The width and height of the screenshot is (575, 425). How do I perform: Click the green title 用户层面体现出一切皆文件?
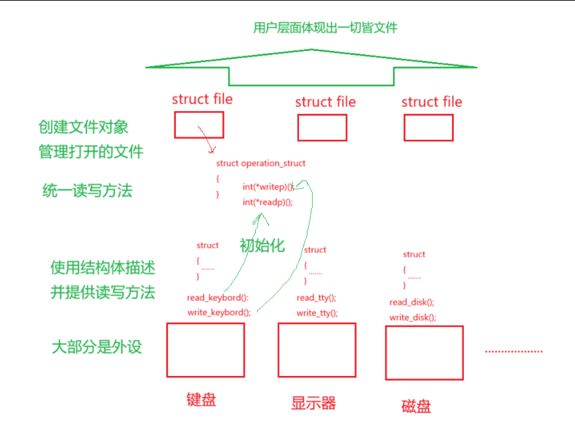tap(325, 27)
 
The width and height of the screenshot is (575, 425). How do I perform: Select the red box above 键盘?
tap(205, 350)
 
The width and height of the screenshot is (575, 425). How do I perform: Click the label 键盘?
tap(201, 399)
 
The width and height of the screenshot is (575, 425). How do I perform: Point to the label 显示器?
tap(313, 403)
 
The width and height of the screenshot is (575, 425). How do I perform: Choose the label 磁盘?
tap(416, 406)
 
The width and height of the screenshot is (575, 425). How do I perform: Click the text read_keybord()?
tap(218, 297)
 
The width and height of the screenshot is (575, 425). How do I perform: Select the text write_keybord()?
tap(219, 312)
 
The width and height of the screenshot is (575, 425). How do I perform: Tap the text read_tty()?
tap(317, 297)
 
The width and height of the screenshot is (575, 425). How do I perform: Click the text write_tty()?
tap(317, 313)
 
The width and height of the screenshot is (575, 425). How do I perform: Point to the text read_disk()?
tap(412, 302)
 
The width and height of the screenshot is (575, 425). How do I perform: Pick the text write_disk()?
tap(413, 317)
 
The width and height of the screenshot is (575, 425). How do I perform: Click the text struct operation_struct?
tap(260, 163)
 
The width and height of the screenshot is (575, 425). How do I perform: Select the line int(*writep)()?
tap(268, 187)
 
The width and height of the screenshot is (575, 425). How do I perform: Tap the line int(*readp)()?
tap(267, 202)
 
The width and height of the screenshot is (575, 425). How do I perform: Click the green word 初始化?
tap(262, 246)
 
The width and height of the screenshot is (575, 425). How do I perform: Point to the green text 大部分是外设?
tap(96, 347)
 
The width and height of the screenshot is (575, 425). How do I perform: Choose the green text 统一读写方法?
tap(87, 190)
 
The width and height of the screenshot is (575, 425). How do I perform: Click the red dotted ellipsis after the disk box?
tap(514, 351)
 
